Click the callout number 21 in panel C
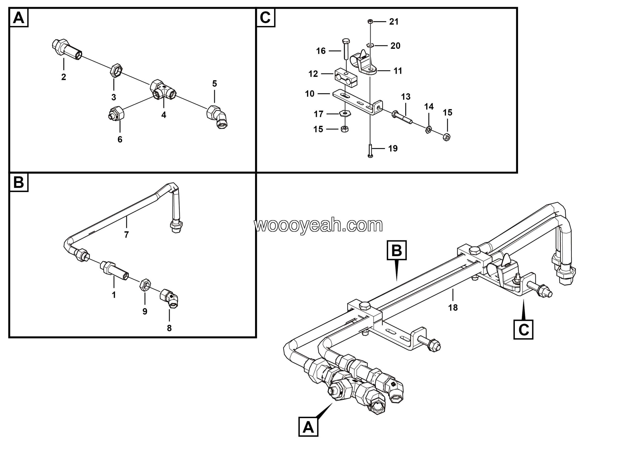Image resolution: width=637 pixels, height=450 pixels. tap(394, 22)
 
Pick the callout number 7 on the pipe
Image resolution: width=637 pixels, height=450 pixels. tap(126, 235)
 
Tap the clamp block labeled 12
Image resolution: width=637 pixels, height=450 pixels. tap(346, 78)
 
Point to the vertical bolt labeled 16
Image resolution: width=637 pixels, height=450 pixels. tap(346, 49)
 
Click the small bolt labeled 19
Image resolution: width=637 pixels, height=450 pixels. tap(370, 151)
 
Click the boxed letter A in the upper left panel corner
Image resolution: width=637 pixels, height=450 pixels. tap(19, 18)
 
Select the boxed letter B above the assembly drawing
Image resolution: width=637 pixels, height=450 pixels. tap(396, 250)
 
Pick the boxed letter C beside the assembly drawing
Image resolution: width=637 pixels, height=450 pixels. tap(523, 330)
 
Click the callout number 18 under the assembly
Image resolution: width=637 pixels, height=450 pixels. tap(453, 307)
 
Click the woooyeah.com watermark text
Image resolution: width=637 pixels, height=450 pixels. tap(318, 225)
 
